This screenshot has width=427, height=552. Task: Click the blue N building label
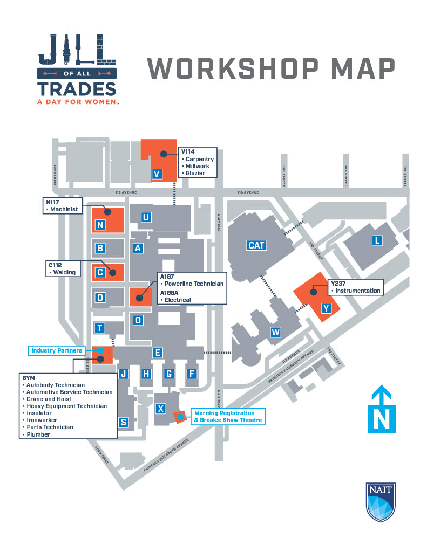[100, 225]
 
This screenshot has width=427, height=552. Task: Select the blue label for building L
[377, 240]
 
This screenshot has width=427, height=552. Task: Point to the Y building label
[326, 308]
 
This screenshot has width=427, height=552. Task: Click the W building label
[276, 332]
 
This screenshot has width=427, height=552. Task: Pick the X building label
[160, 409]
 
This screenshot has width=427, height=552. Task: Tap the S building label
[124, 422]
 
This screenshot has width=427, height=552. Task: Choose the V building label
[157, 174]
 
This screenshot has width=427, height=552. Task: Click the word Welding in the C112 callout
[64, 272]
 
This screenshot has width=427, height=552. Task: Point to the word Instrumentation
[358, 291]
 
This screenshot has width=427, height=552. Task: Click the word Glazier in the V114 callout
[195, 173]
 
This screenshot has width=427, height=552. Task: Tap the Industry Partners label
[57, 351]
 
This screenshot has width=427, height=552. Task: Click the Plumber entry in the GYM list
[38, 434]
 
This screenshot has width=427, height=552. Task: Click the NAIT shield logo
[380, 502]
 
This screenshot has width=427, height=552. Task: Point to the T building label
[100, 328]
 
